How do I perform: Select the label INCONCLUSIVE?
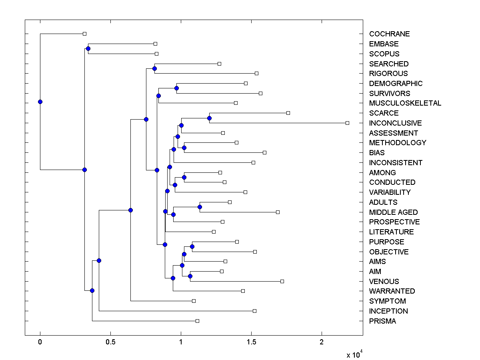pyautogui.click(x=395, y=123)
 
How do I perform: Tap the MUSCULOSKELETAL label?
pyautogui.click(x=405, y=103)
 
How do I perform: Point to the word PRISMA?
pyautogui.click(x=382, y=321)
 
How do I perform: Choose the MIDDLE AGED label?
pyautogui.click(x=393, y=212)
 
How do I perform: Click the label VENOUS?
pyautogui.click(x=384, y=281)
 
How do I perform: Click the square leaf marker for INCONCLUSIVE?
pyautogui.click(x=347, y=123)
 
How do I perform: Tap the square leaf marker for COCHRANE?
pyautogui.click(x=84, y=34)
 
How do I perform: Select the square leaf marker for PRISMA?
pyautogui.click(x=197, y=321)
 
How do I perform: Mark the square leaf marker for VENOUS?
pyautogui.click(x=282, y=281)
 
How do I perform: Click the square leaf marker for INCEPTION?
pyautogui.click(x=254, y=311)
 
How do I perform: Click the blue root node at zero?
pyautogui.click(x=40, y=102)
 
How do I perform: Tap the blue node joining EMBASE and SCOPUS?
pyautogui.click(x=88, y=49)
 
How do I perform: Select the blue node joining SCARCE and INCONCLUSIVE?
pyautogui.click(x=209, y=118)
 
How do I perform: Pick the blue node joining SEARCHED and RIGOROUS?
pyautogui.click(x=154, y=69)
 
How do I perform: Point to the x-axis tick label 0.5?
pyautogui.click(x=110, y=342)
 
